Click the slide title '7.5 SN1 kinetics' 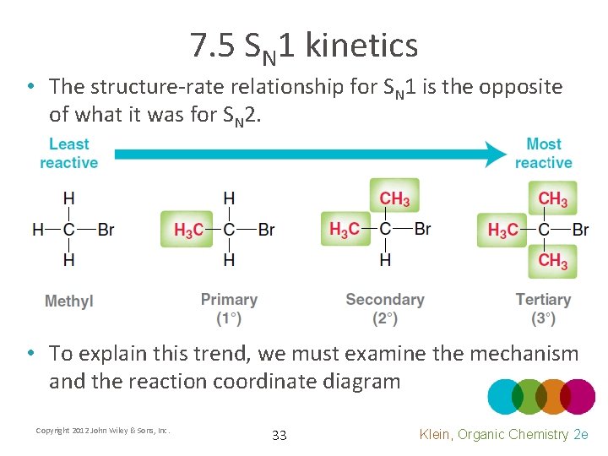(x=304, y=46)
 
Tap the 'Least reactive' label (x=69, y=154)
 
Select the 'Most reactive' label (x=543, y=154)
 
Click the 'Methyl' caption (x=69, y=301)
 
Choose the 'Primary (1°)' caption (x=229, y=309)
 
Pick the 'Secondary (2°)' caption (x=385, y=309)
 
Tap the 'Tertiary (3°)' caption (x=543, y=309)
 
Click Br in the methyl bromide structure (x=106, y=229)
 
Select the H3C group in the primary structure (x=187, y=229)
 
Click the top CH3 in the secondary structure (x=394, y=199)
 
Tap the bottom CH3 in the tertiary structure (x=553, y=260)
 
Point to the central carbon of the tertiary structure (x=544, y=229)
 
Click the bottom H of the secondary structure (x=385, y=260)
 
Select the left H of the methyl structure (x=37, y=229)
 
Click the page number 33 (x=280, y=436)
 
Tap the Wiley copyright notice (x=103, y=431)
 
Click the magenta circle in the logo (x=578, y=396)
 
